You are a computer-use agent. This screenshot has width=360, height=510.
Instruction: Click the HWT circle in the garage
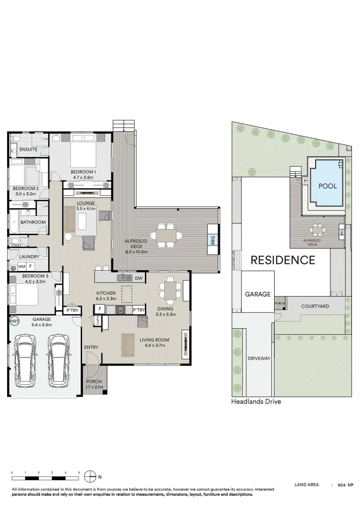(x=14, y=322)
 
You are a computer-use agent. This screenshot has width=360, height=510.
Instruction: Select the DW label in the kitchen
(x=138, y=279)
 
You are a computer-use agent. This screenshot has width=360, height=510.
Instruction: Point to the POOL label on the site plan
(x=327, y=186)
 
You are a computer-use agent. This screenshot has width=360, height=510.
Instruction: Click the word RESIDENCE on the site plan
(x=283, y=260)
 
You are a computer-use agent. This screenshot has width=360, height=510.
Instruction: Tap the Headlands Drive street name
(x=256, y=402)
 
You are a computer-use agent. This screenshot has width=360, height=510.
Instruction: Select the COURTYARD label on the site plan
(x=315, y=306)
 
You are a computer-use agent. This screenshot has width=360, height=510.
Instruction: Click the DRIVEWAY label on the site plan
(x=259, y=358)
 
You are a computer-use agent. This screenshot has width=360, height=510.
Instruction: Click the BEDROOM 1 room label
(x=84, y=172)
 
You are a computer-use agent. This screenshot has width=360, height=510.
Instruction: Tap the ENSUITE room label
(x=28, y=150)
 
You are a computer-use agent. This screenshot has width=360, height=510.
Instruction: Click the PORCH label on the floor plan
(x=94, y=382)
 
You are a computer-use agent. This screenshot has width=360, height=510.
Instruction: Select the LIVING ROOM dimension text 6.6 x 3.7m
(x=154, y=346)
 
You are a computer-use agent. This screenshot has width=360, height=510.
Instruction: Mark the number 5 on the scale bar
(x=79, y=472)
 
